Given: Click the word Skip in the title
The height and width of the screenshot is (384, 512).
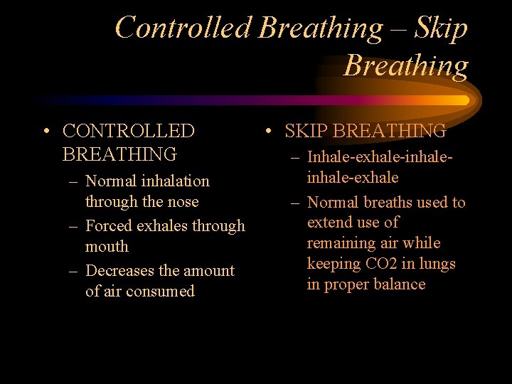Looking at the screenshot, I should coord(441,28).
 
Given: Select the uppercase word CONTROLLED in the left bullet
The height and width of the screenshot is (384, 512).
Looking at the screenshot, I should coord(128,131).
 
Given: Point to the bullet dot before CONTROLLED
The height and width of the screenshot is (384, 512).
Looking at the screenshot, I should coord(45,132).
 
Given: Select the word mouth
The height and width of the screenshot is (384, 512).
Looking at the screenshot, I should coord(107,247).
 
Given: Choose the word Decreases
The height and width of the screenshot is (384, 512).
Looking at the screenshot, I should coord(121,271).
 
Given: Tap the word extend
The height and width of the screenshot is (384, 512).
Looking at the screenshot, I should coord(329,223).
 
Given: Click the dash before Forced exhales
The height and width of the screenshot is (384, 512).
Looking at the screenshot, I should coord(74,226).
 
